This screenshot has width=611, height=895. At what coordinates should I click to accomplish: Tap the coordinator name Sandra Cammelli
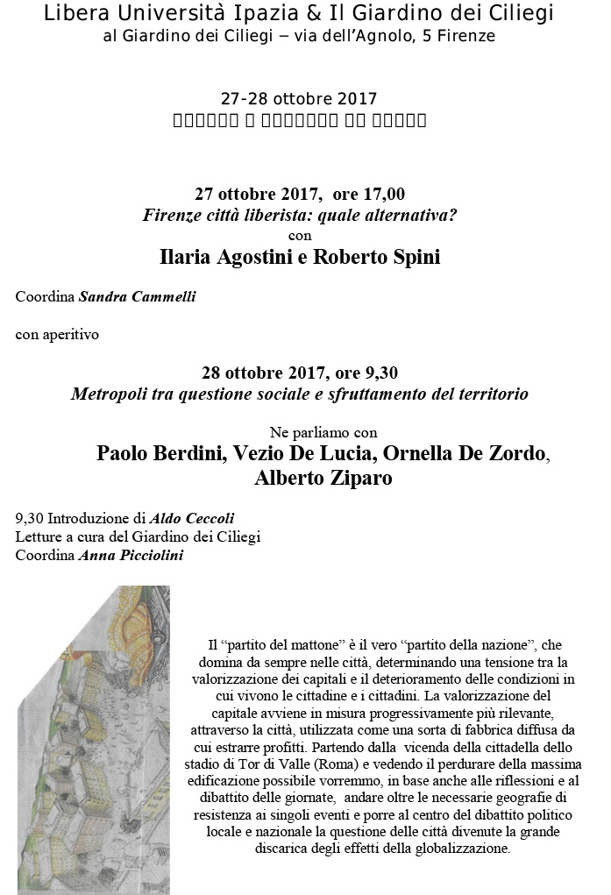click(138, 296)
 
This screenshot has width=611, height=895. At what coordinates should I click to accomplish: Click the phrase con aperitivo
click(57, 334)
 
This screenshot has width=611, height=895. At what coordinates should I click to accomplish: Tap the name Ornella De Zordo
click(465, 453)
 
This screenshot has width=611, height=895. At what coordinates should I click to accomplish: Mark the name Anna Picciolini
click(131, 555)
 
